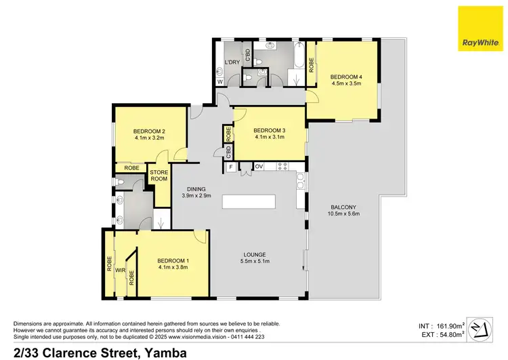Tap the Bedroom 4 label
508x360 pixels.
point(345,75)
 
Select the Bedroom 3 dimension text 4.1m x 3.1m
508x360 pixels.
point(269,138)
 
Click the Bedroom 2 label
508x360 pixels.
point(150,131)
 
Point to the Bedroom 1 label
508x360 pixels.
point(173,260)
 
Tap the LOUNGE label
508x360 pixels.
point(255,254)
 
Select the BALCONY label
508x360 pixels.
point(344,207)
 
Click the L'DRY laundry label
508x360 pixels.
point(232,63)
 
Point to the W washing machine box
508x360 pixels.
point(219,82)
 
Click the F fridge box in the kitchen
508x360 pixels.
point(231,166)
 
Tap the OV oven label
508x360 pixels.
point(259,166)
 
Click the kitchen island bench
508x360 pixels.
point(250,202)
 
